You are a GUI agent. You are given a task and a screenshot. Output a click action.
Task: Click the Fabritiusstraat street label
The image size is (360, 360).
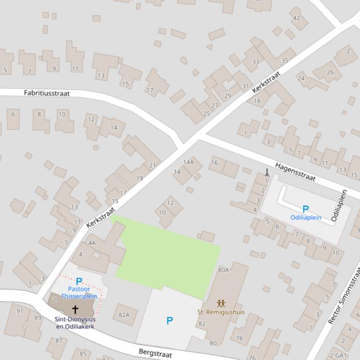(47, 93)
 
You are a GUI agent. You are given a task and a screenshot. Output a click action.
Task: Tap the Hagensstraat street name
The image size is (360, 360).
(295, 172)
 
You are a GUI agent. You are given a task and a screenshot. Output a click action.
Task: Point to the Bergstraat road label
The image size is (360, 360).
(155, 353)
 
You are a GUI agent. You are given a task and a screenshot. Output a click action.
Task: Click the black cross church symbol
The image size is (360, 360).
(75, 309)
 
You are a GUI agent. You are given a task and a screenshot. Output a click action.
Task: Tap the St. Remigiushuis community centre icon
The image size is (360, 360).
(221, 304)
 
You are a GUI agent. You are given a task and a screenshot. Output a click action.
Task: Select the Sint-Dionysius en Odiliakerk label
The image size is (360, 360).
(75, 323)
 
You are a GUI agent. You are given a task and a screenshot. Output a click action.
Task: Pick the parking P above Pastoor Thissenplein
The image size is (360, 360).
(79, 282)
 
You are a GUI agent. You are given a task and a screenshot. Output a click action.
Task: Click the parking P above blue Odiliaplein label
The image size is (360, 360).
(305, 209)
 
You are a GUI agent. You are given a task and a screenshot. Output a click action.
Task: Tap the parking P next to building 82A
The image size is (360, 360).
(169, 320)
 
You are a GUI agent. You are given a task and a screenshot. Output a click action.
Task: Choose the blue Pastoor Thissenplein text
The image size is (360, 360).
(79, 293)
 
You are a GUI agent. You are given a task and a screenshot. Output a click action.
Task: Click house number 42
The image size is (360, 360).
(296, 18)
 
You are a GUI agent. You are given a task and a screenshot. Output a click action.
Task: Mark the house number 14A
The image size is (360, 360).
(188, 162)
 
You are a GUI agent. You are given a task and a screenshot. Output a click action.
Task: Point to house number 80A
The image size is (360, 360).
(223, 270)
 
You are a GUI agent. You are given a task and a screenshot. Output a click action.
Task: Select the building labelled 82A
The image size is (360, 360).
(124, 315)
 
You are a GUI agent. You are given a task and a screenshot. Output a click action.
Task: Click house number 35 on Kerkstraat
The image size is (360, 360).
(285, 60)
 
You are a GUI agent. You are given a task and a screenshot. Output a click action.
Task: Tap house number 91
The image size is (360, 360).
(20, 311)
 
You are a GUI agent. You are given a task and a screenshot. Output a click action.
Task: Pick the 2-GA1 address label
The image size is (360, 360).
(338, 355)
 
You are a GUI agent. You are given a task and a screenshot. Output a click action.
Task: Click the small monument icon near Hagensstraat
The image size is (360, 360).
(267, 172)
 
